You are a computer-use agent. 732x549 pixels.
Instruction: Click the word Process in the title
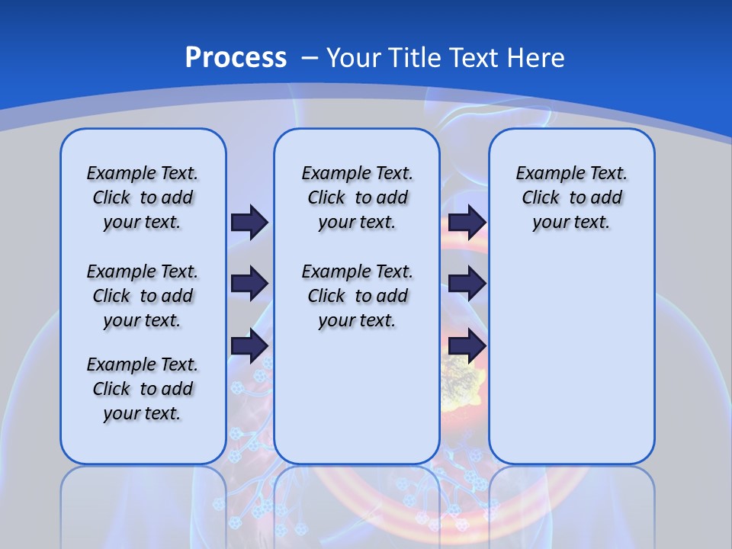[236, 57]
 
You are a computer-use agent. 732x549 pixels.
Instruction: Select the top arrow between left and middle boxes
[249, 222]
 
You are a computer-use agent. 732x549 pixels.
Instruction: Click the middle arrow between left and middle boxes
[249, 284]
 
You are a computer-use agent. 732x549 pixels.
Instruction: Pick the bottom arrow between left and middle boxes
[249, 345]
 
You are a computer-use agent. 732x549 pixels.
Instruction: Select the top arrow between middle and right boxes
[467, 222]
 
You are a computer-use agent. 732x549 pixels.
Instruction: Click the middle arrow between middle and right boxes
[467, 284]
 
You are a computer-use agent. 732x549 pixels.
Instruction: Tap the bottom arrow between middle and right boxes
[467, 345]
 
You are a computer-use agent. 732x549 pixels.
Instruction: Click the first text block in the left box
[143, 197]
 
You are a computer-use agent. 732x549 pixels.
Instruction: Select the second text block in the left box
[143, 296]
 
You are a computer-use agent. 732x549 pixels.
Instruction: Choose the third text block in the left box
[143, 389]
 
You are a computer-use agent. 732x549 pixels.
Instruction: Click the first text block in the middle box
[357, 197]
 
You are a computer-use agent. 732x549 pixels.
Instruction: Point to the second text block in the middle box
[357, 296]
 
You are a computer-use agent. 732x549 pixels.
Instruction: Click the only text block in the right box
[571, 197]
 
